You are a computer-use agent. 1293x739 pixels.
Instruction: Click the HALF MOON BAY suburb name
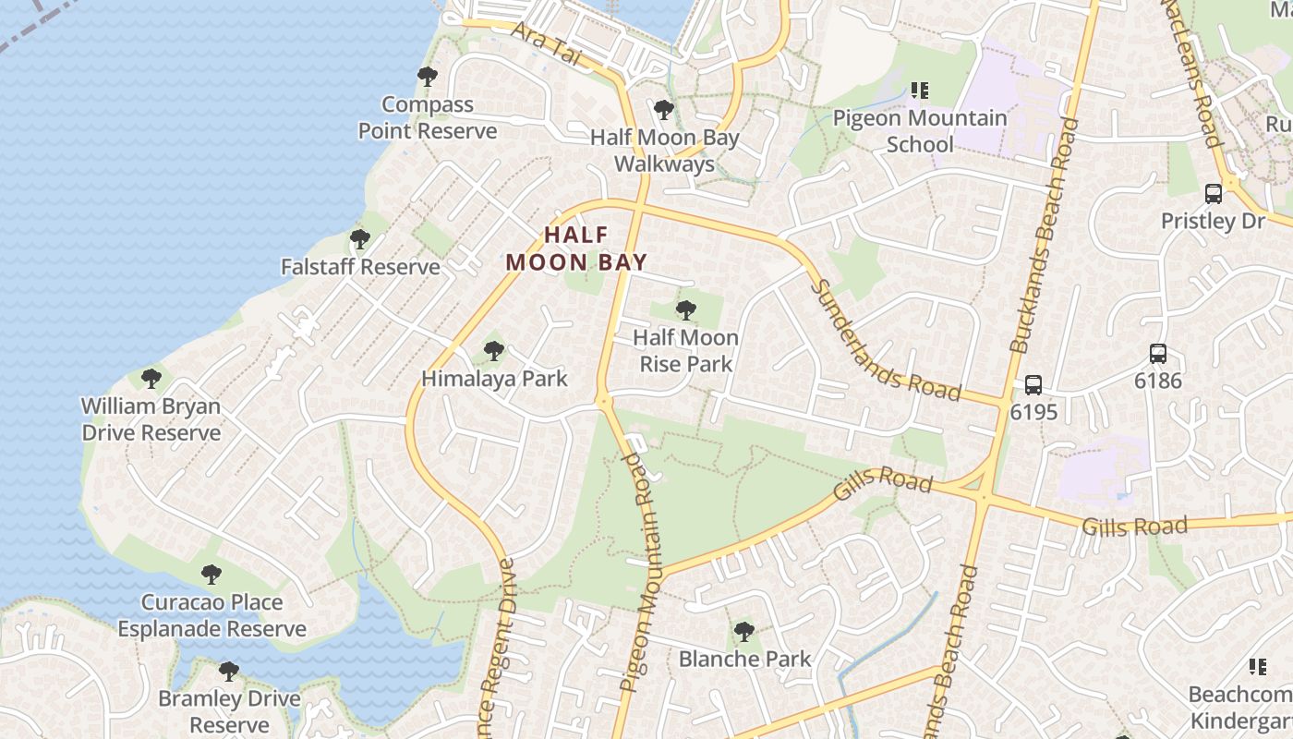[x=575, y=248]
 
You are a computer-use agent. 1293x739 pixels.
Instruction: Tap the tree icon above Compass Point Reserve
[x=427, y=77]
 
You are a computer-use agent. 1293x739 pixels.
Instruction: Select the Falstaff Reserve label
[x=360, y=267]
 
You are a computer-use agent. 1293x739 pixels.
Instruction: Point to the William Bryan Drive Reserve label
[x=151, y=419]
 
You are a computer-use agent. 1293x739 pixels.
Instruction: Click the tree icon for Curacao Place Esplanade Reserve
[x=211, y=575]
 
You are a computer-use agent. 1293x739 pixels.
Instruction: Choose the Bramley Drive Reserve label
[x=229, y=711]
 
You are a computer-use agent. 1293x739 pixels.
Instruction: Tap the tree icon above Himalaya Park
[x=494, y=351]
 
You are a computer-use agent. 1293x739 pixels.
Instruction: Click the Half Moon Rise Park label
[x=685, y=351]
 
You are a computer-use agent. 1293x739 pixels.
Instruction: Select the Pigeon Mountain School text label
[x=919, y=131]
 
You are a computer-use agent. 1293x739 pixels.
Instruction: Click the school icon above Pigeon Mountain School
[x=919, y=91]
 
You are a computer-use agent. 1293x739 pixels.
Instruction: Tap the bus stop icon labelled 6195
[x=1033, y=385]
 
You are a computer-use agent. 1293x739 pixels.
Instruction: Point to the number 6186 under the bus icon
[x=1158, y=381]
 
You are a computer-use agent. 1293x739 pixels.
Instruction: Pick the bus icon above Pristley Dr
[x=1214, y=194]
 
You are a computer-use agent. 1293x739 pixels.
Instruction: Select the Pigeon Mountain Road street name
[x=643, y=573]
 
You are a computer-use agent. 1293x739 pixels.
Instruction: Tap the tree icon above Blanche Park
[x=743, y=633]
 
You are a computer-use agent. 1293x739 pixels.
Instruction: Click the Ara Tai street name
[x=558, y=44]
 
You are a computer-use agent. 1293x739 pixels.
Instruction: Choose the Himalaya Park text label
[x=494, y=379]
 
